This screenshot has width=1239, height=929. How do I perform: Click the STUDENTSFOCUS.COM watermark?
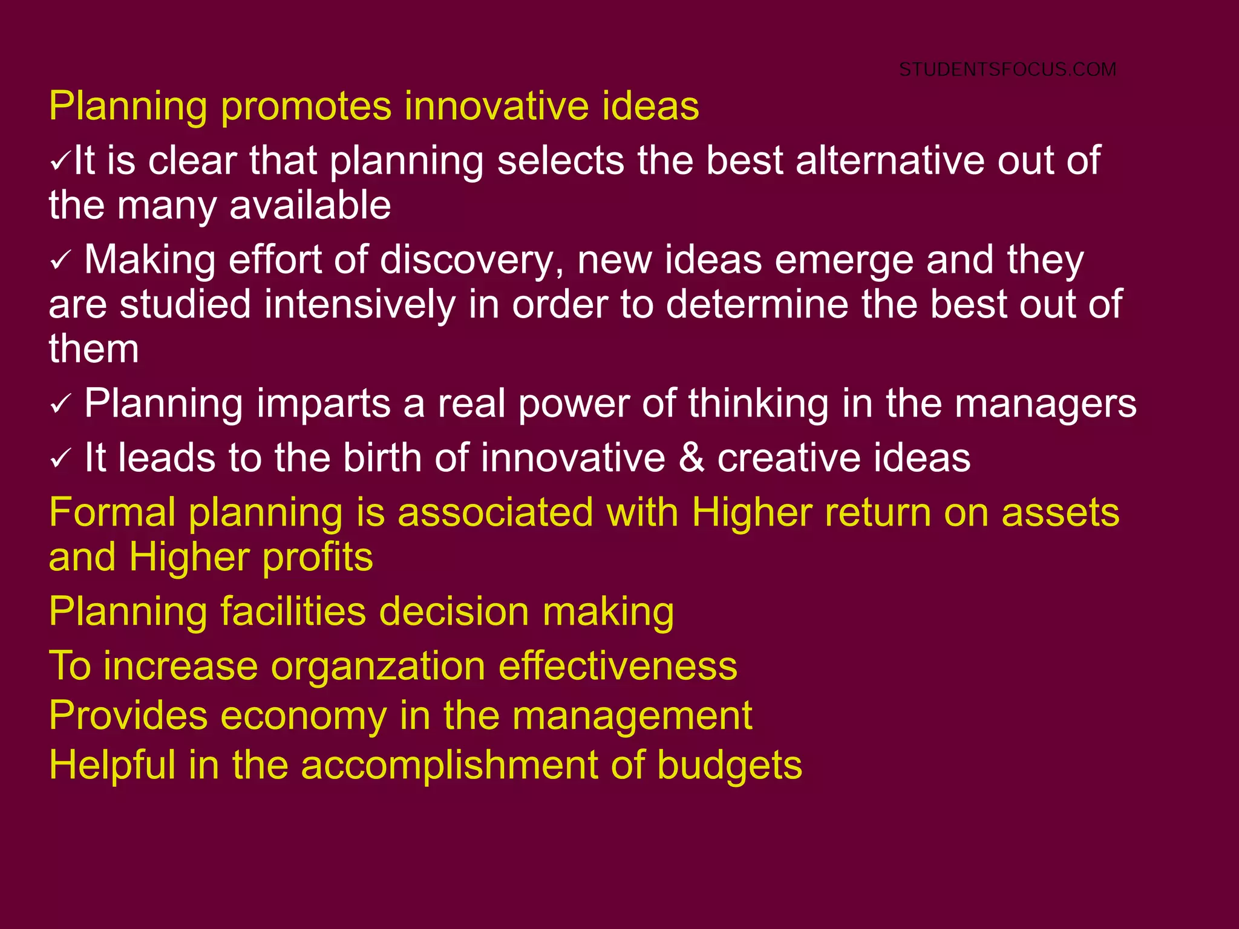pyautogui.click(x=1007, y=70)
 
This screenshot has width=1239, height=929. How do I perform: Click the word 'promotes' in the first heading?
pyautogui.click(x=306, y=106)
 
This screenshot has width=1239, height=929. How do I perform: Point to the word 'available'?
pyautogui.click(x=310, y=206)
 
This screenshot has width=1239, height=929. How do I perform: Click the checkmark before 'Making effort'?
pyautogui.click(x=60, y=261)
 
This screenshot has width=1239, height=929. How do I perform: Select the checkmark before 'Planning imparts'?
pyautogui.click(x=60, y=405)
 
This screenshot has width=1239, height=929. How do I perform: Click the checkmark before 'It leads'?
pyautogui.click(x=60, y=459)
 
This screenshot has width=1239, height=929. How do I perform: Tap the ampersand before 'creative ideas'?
pyautogui.click(x=691, y=458)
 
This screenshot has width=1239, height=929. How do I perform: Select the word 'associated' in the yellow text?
pyautogui.click(x=495, y=513)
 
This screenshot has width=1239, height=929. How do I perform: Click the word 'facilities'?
pyautogui.click(x=293, y=611)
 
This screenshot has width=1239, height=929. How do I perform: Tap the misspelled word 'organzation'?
pyautogui.click(x=378, y=667)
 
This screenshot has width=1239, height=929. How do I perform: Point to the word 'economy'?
pyautogui.click(x=303, y=716)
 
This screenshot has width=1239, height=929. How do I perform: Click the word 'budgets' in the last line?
pyautogui.click(x=729, y=766)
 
